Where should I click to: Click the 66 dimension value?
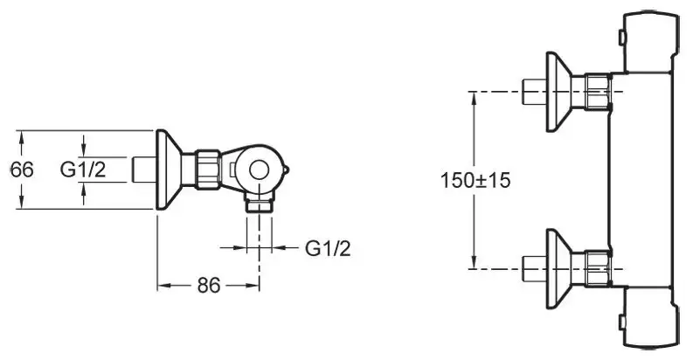22,170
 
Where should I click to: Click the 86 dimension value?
209,286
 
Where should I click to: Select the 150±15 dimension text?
475,180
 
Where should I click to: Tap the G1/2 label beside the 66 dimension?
83,170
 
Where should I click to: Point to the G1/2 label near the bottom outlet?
328,249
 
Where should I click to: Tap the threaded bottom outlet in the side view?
259,205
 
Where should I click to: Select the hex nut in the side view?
207,170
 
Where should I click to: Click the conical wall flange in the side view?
169,170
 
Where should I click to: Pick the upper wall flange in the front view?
559,92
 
